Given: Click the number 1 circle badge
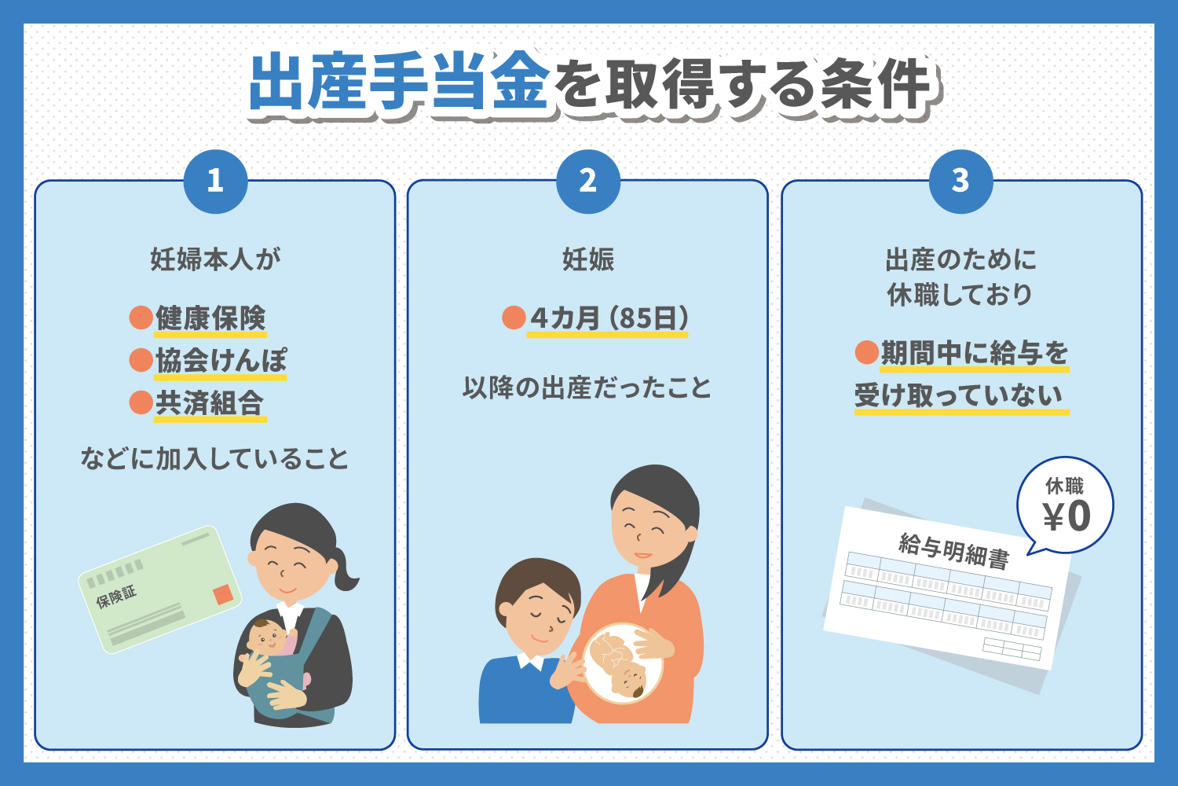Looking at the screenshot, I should click(215, 182).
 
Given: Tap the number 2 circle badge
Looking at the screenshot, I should click(588, 182).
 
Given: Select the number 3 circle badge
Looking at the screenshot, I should click(960, 182).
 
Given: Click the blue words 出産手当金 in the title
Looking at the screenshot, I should click(399, 82).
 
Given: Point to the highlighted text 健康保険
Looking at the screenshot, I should click(210, 318).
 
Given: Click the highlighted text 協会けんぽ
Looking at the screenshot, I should click(221, 361).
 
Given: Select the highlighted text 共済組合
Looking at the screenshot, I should click(210, 402).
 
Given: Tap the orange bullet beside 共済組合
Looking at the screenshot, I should click(141, 402).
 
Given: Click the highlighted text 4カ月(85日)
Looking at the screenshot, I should click(609, 318).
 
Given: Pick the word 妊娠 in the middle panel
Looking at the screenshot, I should click(588, 259).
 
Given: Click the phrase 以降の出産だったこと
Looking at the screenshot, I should click(587, 387).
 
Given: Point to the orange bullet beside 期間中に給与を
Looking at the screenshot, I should click(866, 353).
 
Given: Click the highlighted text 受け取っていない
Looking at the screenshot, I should click(960, 395).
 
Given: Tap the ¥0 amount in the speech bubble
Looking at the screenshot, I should click(1066, 516).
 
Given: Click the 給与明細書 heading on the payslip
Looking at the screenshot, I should click(953, 549).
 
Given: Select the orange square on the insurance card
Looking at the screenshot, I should click(224, 594).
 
